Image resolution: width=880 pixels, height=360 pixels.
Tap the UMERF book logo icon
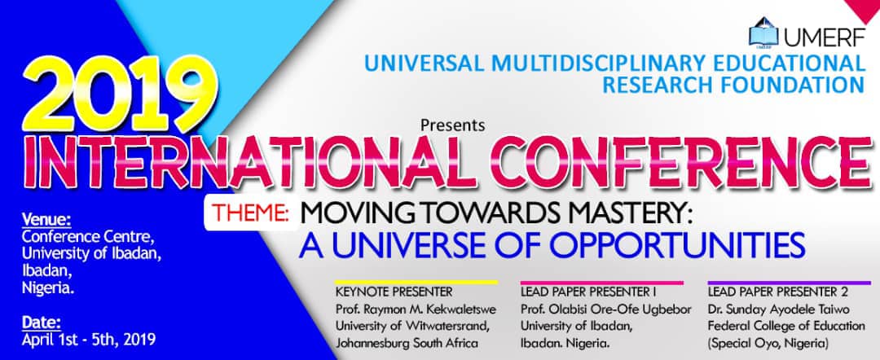763,32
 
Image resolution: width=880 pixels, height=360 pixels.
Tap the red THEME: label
251,213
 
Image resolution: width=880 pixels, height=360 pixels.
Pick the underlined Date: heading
41,323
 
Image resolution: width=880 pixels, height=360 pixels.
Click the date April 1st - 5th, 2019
89,340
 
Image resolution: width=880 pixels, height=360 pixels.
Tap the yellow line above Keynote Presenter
416,282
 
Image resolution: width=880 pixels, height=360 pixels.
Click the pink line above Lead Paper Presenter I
602,282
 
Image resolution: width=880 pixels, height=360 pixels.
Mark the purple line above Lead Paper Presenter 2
789,282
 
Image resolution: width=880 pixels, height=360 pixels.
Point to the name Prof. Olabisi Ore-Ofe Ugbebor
605,309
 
